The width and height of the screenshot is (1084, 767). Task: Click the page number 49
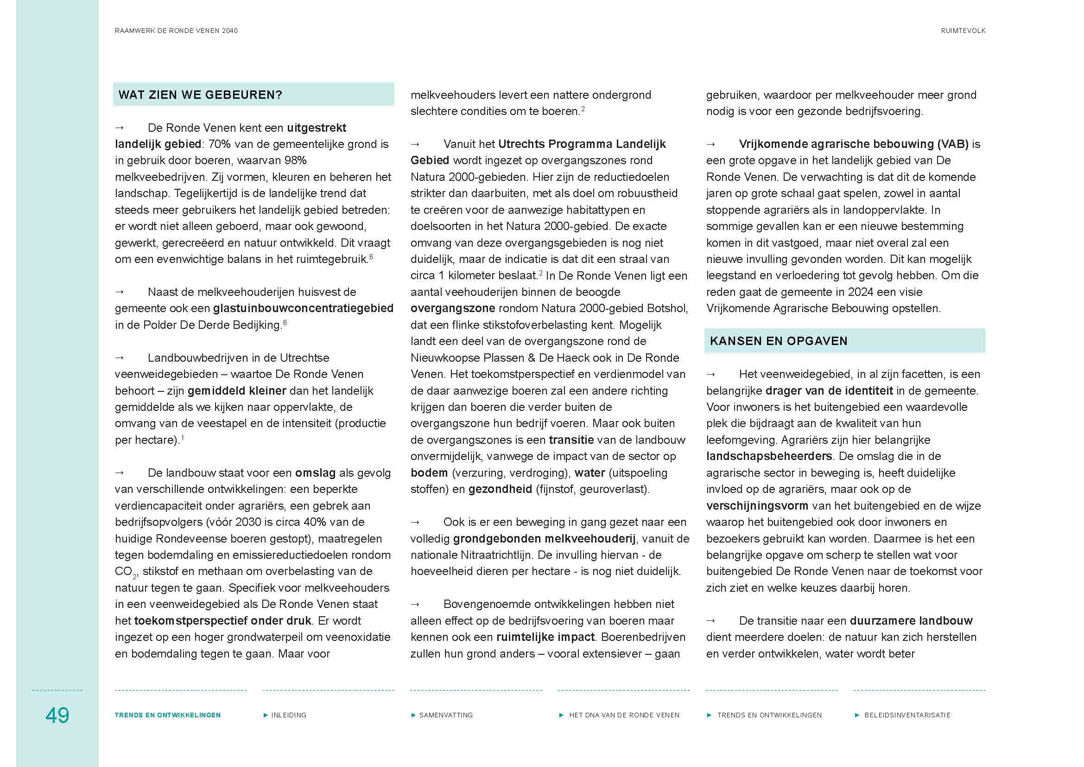[x=57, y=715]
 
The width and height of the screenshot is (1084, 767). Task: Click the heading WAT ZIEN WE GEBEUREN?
[x=200, y=95]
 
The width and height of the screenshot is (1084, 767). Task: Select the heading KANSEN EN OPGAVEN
[x=779, y=341]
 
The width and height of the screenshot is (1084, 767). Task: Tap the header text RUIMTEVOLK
[x=963, y=31]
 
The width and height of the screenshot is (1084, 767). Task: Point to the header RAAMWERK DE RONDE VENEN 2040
[x=176, y=31]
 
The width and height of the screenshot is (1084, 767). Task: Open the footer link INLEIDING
[x=288, y=715]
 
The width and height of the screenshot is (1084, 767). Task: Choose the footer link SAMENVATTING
[x=446, y=715]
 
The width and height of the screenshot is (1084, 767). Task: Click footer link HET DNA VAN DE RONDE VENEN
[x=624, y=715]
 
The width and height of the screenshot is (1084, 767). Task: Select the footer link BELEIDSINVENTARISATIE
[x=907, y=715]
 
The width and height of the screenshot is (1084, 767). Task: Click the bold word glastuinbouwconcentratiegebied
[x=303, y=308]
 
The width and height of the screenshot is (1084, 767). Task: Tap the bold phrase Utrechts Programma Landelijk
[x=582, y=144]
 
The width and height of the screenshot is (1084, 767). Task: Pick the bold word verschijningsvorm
[x=757, y=506]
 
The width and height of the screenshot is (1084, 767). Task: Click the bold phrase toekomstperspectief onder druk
[x=223, y=620]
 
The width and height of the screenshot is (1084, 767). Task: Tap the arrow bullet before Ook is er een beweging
[x=415, y=522]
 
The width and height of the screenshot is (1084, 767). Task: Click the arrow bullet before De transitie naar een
[x=710, y=620]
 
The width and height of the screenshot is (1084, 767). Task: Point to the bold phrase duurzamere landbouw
[x=911, y=620]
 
